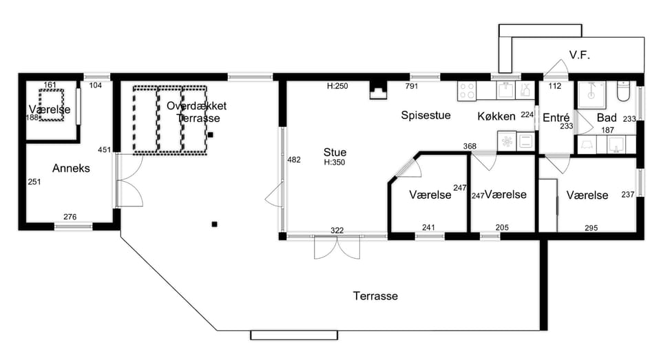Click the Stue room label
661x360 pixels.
(335, 152)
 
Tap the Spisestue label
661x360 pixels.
(426, 116)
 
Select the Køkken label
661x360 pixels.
(496, 116)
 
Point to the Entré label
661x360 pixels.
(556, 118)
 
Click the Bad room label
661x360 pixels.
(607, 118)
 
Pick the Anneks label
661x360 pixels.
(71, 168)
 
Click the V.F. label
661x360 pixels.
(580, 55)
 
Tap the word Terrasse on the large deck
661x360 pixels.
(375, 296)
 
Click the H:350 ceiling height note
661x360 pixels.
(335, 162)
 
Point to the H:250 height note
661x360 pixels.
(337, 86)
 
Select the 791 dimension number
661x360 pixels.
(412, 86)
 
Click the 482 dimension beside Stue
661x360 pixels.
(294, 160)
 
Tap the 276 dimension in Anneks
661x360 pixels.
(70, 217)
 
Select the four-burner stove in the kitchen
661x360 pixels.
(467, 91)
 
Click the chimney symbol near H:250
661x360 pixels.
(378, 89)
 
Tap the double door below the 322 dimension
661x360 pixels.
(337, 247)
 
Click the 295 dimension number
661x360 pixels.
(591, 228)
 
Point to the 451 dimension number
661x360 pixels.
(104, 149)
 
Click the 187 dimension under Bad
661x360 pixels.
(607, 130)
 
